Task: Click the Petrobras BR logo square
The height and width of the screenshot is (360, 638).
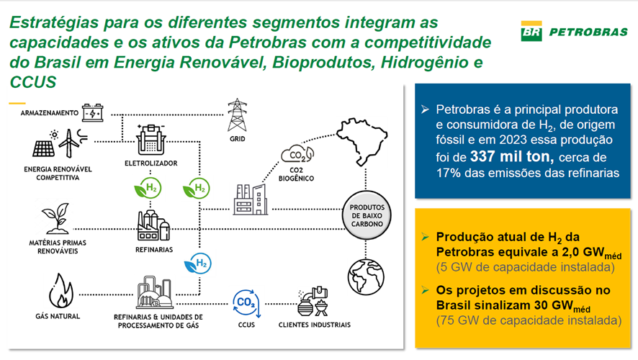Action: (531, 31)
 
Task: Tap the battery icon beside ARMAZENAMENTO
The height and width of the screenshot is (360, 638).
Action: (93, 112)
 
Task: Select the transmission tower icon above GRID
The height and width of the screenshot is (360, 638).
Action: (237, 114)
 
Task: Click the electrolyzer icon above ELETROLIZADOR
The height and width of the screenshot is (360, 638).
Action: (151, 140)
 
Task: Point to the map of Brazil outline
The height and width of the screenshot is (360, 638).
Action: (361, 140)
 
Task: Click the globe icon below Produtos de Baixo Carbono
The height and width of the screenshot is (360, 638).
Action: (366, 276)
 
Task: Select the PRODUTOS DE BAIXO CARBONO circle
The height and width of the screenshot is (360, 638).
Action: (367, 215)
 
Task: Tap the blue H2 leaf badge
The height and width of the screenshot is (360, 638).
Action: (198, 264)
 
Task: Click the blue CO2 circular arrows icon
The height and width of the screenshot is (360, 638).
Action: (246, 303)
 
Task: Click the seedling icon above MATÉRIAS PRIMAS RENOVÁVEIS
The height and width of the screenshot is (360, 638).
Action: (57, 218)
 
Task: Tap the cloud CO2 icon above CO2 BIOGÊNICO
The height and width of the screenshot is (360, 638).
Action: (297, 154)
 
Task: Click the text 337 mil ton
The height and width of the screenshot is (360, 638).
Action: (511, 156)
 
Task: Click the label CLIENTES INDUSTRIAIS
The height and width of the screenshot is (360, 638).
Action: (315, 325)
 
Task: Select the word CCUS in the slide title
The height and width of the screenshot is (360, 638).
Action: (33, 82)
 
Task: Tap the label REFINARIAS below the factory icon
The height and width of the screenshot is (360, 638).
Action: (154, 250)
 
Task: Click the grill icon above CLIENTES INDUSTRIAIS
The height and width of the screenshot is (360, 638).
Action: (321, 307)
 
